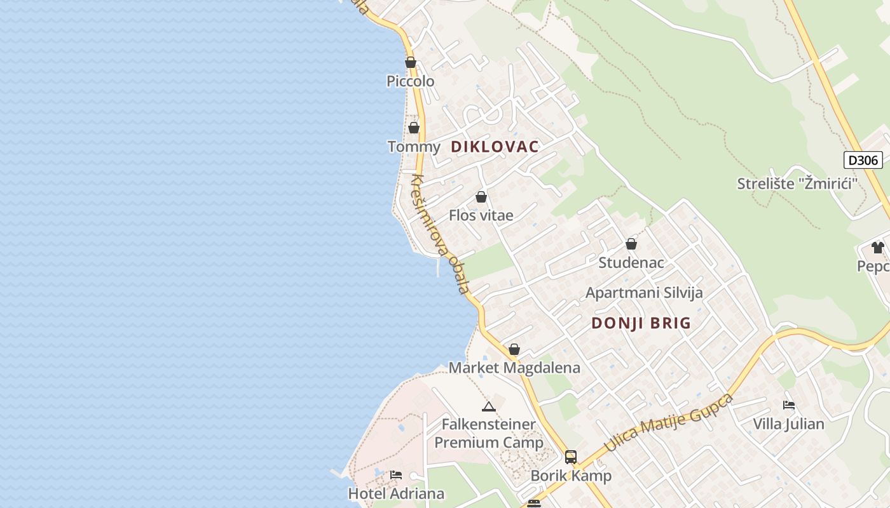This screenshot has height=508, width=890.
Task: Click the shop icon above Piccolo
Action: tap(411, 62)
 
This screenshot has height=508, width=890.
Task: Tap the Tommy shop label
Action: tap(414, 147)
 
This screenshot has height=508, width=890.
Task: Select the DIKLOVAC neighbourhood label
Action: tap(495, 147)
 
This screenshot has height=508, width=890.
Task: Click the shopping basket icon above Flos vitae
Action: tap(481, 197)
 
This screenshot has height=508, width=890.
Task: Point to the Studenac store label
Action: tap(631, 262)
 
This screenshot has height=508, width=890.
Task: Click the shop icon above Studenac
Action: tap(631, 244)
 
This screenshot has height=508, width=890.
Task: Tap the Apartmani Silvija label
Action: tap(644, 293)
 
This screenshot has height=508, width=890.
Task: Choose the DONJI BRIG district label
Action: tap(641, 323)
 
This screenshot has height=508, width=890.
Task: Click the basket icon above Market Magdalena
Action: tap(514, 349)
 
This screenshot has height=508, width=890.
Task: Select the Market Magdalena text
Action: tap(514, 368)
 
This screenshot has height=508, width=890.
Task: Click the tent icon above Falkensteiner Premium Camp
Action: tap(488, 406)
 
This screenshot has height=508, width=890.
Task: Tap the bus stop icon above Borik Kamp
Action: tap(571, 457)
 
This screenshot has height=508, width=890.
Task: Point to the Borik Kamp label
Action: tap(571, 476)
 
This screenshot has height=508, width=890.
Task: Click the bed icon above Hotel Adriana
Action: tap(396, 474)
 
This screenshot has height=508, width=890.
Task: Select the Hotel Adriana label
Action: tap(396, 493)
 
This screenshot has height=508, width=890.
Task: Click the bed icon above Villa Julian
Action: tap(789, 405)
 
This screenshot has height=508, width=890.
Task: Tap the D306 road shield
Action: tap(863, 160)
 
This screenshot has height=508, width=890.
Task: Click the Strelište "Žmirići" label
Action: tap(797, 184)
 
